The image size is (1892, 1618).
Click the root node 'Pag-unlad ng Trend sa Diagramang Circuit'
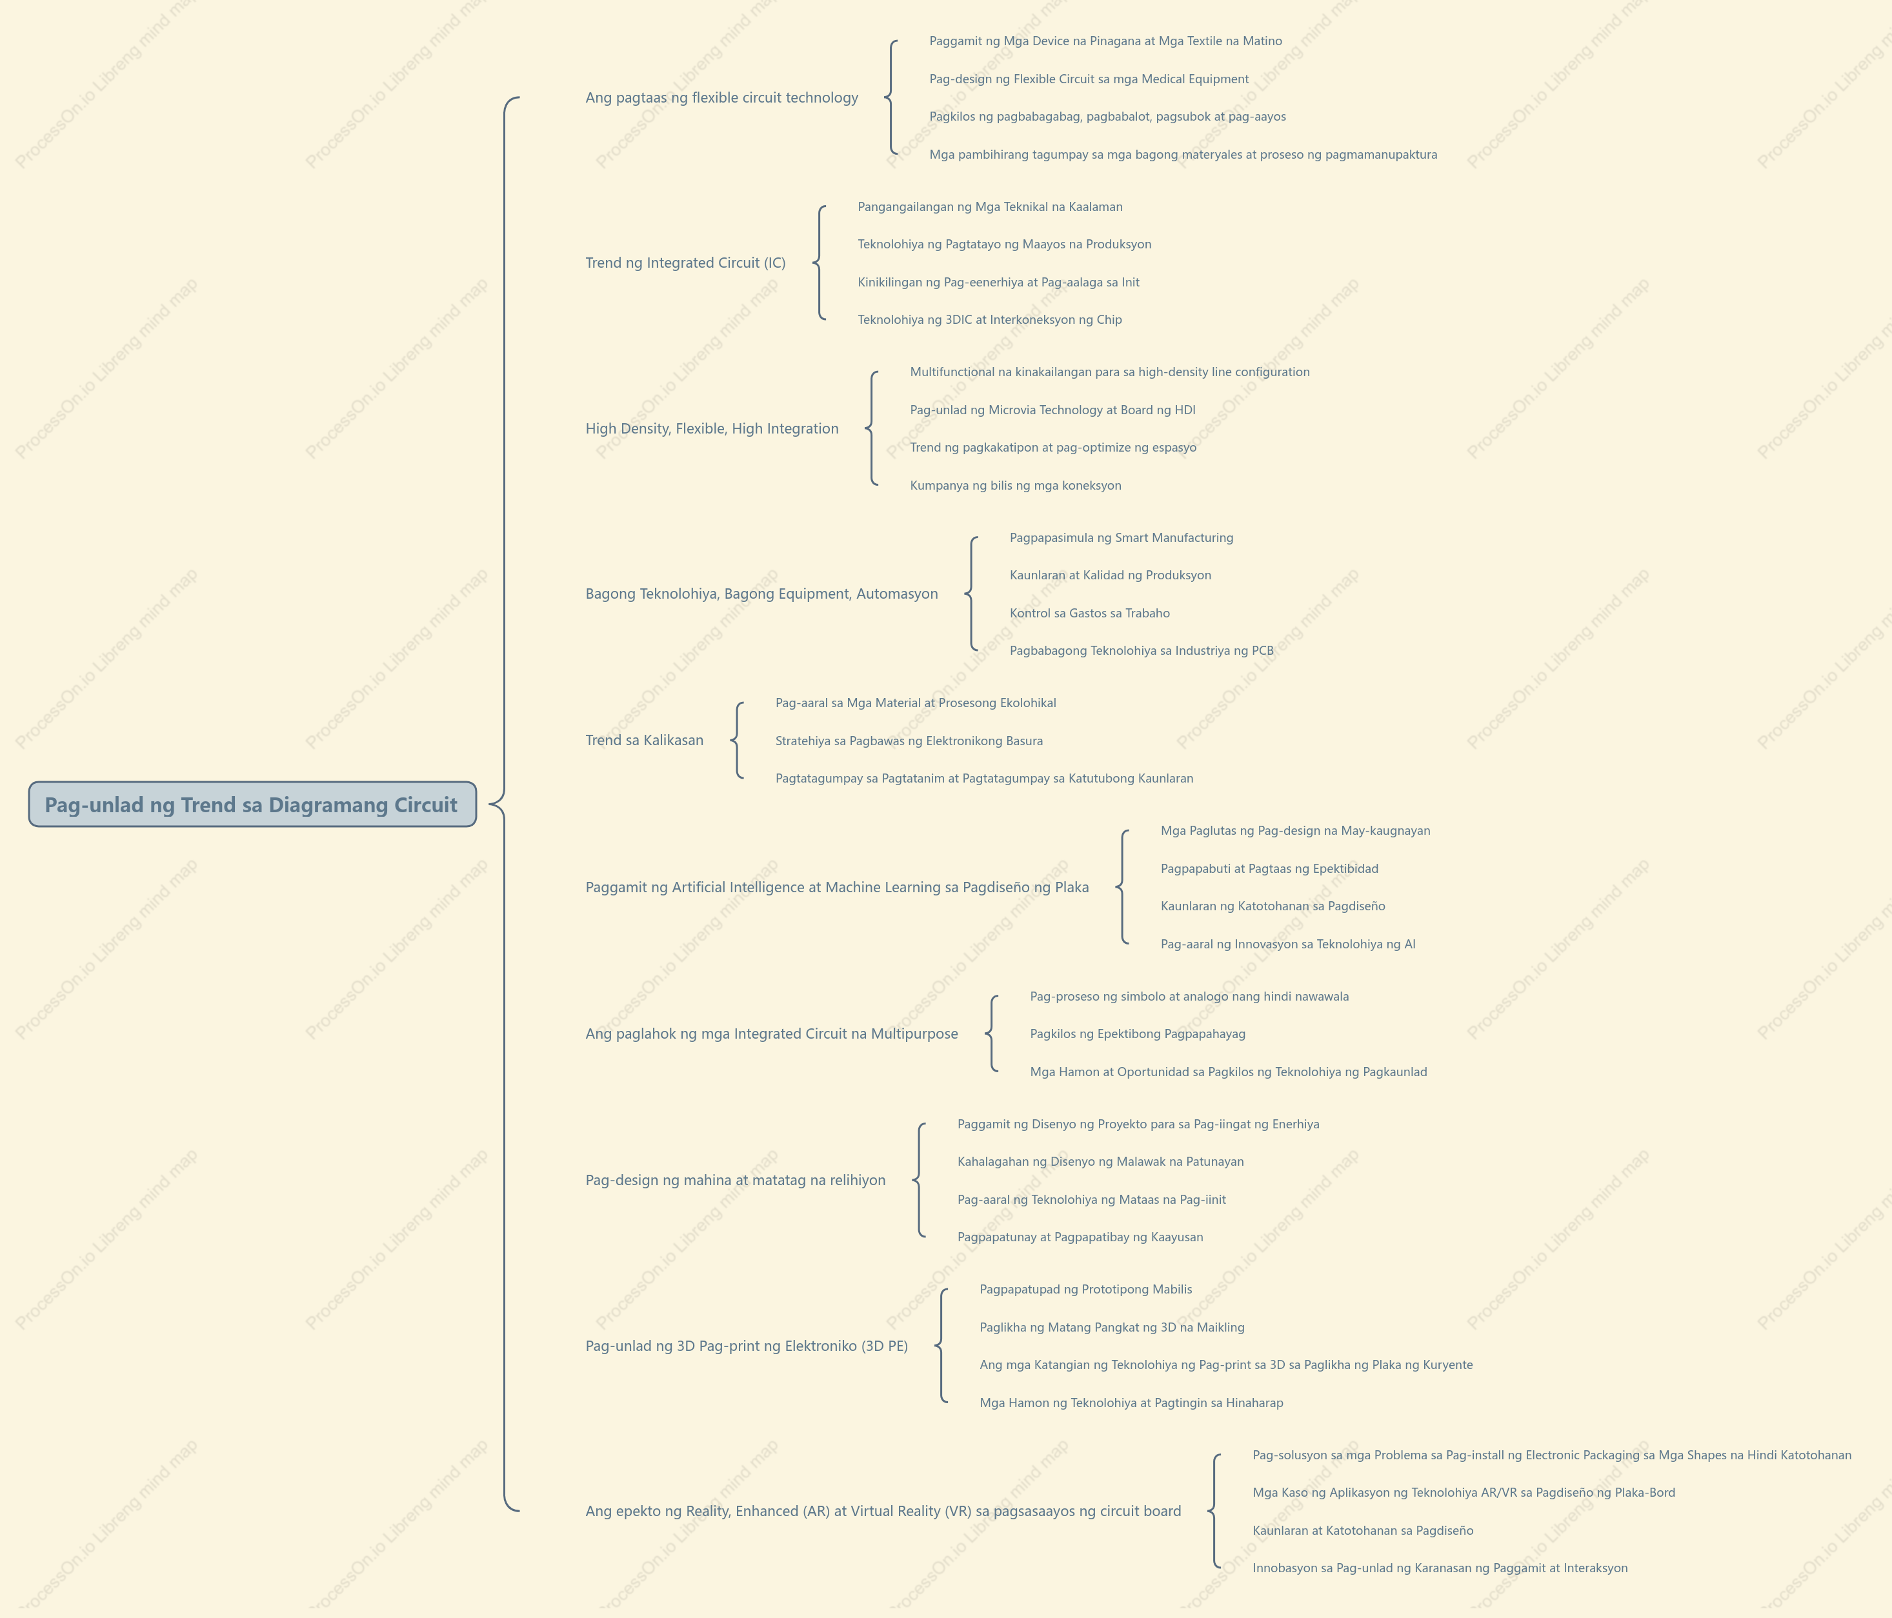(x=252, y=804)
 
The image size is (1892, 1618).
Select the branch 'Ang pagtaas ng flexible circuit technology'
(x=721, y=97)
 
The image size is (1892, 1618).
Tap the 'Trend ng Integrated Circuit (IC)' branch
(x=685, y=263)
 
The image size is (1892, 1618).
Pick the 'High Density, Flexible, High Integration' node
(x=711, y=428)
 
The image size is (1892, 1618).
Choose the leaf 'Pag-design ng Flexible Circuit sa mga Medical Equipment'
(x=1089, y=79)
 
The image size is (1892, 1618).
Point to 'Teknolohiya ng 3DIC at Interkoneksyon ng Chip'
(x=989, y=319)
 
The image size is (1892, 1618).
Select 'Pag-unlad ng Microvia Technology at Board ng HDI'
(x=1052, y=410)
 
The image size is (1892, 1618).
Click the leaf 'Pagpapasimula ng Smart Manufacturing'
(x=1120, y=538)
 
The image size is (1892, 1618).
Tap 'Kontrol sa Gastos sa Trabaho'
(x=1089, y=614)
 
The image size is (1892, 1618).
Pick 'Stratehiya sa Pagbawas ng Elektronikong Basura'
(x=909, y=741)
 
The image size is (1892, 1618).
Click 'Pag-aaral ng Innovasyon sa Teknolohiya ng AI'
(x=1287, y=944)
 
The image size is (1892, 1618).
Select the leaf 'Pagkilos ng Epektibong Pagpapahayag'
(x=1137, y=1034)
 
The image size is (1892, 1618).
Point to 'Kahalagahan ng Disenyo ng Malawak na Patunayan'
(x=1100, y=1161)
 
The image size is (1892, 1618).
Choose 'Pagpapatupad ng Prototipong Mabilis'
(x=1086, y=1289)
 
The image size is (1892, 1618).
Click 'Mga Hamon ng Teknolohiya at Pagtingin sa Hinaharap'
(x=1131, y=1403)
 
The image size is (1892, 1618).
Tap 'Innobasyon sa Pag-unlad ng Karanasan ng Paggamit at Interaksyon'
(x=1439, y=1568)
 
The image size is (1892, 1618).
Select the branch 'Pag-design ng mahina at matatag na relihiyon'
(x=735, y=1180)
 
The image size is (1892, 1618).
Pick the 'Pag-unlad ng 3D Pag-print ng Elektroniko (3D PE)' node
(x=746, y=1346)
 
